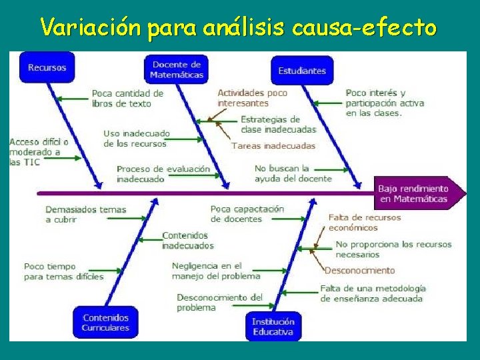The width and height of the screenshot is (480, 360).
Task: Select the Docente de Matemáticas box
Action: [x=177, y=69]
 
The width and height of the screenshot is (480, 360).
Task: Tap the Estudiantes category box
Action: [x=302, y=71]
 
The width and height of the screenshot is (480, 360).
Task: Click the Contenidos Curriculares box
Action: [x=105, y=323]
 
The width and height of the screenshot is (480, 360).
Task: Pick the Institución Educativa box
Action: [x=273, y=327]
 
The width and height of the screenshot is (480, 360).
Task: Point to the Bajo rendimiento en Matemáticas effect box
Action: [x=414, y=193]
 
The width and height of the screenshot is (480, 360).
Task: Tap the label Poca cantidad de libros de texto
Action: [x=127, y=98]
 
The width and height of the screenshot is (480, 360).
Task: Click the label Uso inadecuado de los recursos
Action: [x=137, y=138]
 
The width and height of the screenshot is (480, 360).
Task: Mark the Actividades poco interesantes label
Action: [x=252, y=98]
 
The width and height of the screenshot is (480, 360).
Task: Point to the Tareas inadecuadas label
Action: [x=273, y=145]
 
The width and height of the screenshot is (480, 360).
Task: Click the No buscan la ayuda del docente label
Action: [x=293, y=173]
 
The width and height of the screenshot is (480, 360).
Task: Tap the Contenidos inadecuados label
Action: [x=185, y=240]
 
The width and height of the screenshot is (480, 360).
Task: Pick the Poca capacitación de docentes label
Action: [x=247, y=214]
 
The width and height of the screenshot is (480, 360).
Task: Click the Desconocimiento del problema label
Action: [x=219, y=302]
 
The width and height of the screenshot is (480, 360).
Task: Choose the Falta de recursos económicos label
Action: [x=365, y=222]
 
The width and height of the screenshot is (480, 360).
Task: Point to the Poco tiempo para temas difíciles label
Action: [x=63, y=271]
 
